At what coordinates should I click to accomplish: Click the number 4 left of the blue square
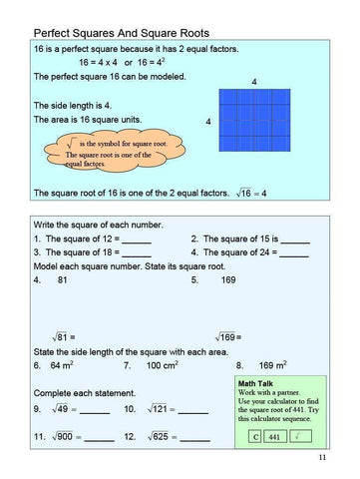[x=207, y=122]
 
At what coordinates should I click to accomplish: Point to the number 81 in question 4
[x=62, y=280]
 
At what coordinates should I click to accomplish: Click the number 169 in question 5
[x=227, y=280]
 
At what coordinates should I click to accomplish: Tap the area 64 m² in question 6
[x=63, y=366]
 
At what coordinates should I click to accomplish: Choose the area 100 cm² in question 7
[x=164, y=366]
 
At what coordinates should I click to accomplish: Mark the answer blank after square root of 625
[x=194, y=438]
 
